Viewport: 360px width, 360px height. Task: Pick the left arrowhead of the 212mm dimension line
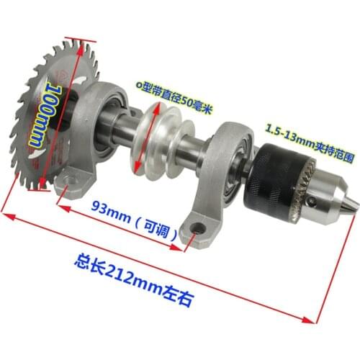click(6, 213)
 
